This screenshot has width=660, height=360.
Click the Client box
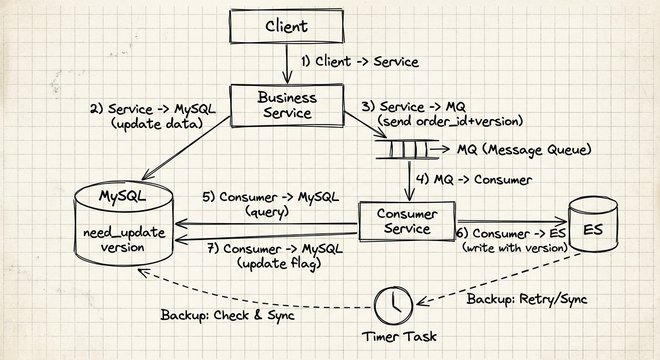[286, 26]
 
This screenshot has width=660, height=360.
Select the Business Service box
[287, 105]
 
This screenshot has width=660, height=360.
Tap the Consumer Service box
[406, 221]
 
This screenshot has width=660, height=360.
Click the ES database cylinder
[593, 230]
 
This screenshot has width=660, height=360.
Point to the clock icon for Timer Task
[394, 306]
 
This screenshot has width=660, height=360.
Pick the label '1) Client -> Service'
[360, 61]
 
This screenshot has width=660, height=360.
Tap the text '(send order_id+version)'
[450, 121]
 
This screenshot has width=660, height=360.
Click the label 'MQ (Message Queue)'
[524, 150]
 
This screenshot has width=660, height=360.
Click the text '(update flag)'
[279, 263]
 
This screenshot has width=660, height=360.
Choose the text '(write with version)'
[515, 248]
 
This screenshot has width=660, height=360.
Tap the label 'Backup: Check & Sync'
[227, 315]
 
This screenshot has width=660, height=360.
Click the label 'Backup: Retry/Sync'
[526, 299]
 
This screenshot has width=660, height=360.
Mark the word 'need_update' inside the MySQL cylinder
[124, 232]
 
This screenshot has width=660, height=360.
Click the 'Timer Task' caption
[399, 336]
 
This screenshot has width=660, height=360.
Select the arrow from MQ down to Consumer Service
[411, 180]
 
